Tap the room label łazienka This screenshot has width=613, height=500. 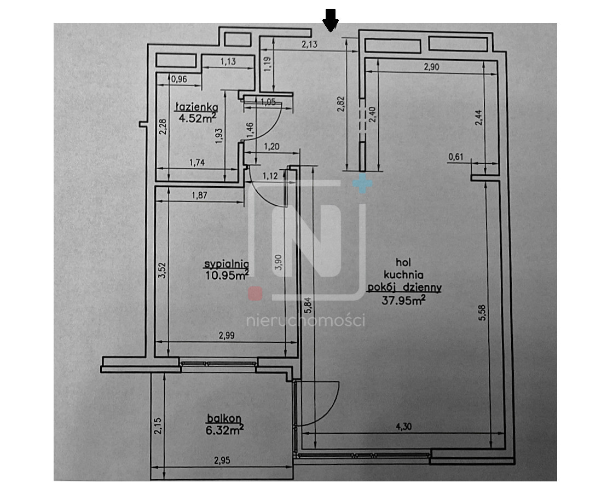tap(196, 106)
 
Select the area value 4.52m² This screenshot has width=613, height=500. tap(198, 118)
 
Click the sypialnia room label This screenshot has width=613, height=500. tap(227, 265)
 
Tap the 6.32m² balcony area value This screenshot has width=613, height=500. tap(225, 430)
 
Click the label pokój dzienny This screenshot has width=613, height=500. tap(404, 288)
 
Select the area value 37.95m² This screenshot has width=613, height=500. tap(403, 301)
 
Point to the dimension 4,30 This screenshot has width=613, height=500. tap(403, 426)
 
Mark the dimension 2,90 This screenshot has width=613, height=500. tap(432, 67)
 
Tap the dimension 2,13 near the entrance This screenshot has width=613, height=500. tap(309, 44)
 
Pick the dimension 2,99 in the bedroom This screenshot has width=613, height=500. tap(227, 335)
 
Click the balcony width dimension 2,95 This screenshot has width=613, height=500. tap(222, 461)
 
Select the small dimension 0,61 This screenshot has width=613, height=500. tap(456, 157)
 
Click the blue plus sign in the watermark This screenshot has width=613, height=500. tap(362, 183)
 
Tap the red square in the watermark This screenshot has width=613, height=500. tap(255, 294)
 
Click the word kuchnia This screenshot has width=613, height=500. tap(403, 275)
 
